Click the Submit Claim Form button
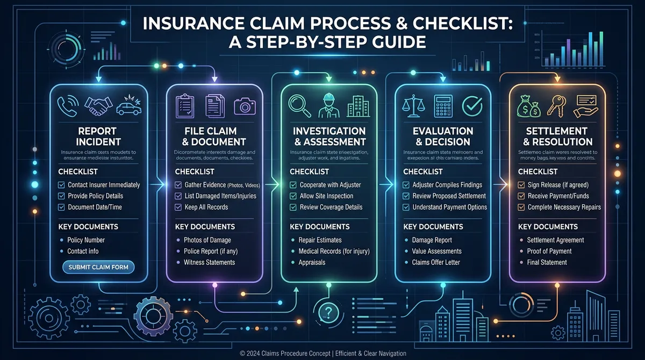98,267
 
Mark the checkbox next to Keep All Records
177,207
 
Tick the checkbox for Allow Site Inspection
293,196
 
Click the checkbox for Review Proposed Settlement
406,196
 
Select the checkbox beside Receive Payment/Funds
521,196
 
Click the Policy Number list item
86,240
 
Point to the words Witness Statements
209,263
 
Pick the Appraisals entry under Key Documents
312,263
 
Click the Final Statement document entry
547,263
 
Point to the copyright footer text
322,353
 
